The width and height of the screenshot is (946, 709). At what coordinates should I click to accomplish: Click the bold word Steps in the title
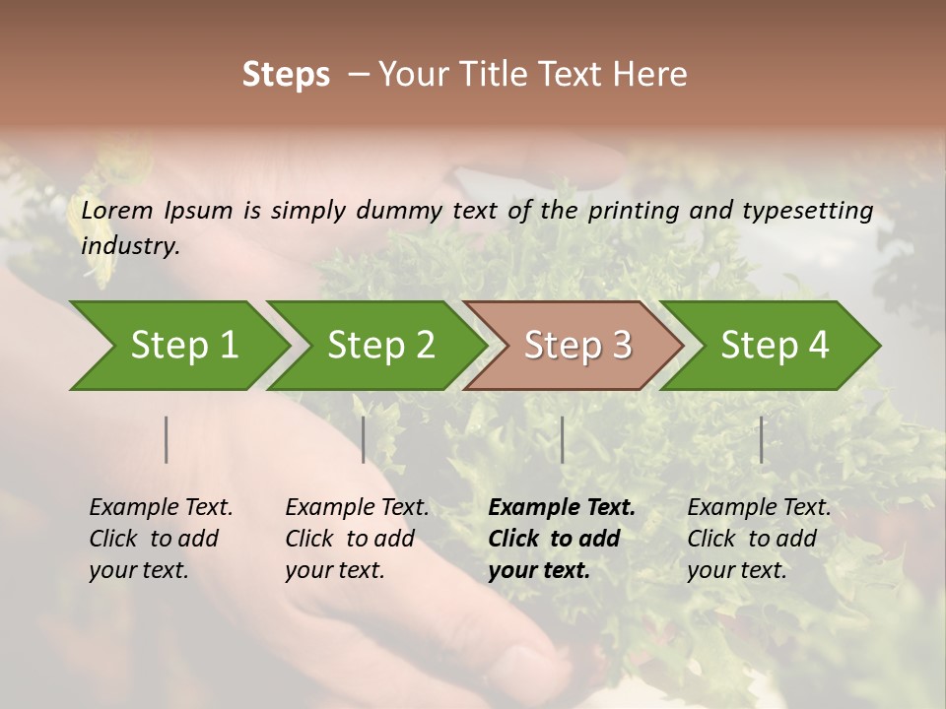286,75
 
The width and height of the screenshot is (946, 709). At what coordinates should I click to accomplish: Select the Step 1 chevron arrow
177,346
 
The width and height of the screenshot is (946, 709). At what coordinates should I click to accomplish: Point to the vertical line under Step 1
166,439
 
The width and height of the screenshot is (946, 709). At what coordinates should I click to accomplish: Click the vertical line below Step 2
363,439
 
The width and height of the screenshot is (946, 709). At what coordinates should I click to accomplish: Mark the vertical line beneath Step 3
562,439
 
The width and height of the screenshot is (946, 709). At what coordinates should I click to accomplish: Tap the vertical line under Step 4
761,439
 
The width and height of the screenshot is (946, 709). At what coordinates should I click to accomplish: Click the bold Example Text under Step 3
562,508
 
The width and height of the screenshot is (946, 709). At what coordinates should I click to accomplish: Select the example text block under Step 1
161,539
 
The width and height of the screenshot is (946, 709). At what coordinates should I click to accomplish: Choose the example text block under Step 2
357,539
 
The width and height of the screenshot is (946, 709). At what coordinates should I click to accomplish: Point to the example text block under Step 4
759,539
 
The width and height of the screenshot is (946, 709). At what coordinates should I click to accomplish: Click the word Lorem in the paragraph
117,210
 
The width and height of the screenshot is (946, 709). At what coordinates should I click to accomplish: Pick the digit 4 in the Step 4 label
817,346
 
